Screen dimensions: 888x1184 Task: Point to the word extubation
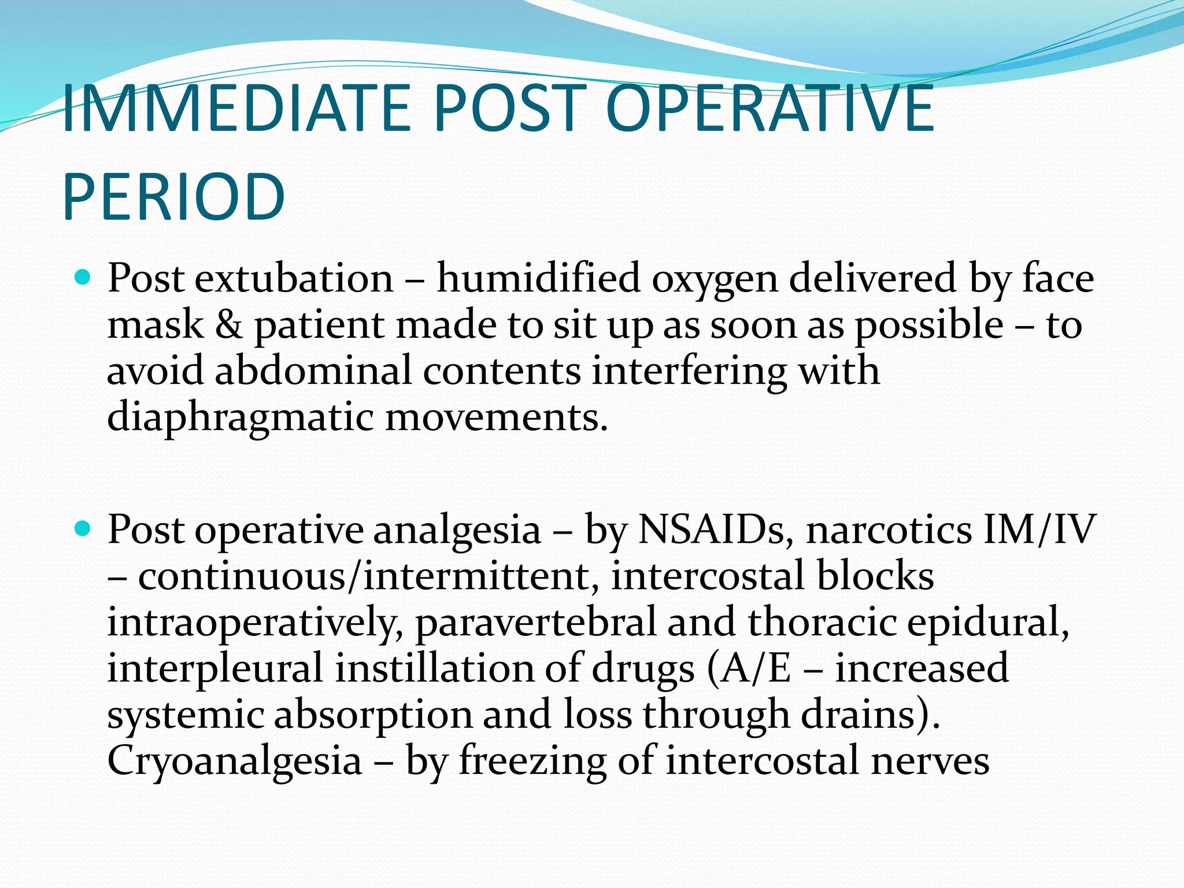pos(294,279)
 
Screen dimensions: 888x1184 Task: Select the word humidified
pos(538,279)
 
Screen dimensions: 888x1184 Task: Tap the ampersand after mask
pos(229,325)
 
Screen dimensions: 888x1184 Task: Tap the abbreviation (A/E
pos(749,669)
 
